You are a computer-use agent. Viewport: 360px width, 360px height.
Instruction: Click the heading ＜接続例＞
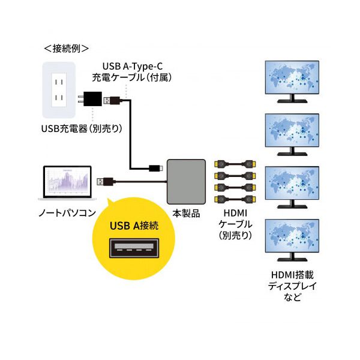pos(67,48)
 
